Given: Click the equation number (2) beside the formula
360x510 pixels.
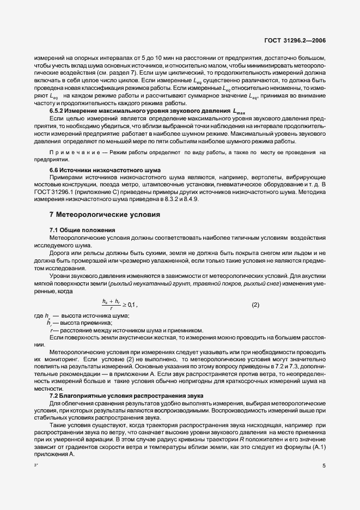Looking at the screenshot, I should tap(255, 305).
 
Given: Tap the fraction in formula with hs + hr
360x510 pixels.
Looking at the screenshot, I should tap(111, 305).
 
